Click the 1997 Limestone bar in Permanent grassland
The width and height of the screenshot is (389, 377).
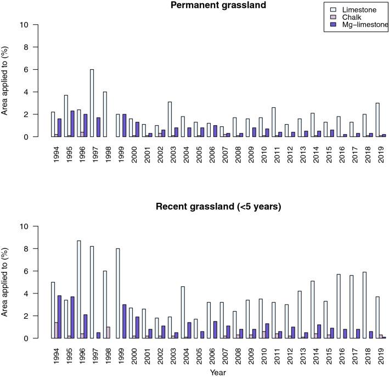coord(92,103)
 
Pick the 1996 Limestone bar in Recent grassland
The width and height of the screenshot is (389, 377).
coord(79,290)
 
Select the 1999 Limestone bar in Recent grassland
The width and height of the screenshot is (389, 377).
coord(118,293)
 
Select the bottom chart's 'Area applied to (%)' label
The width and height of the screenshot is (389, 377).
coord(6,282)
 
